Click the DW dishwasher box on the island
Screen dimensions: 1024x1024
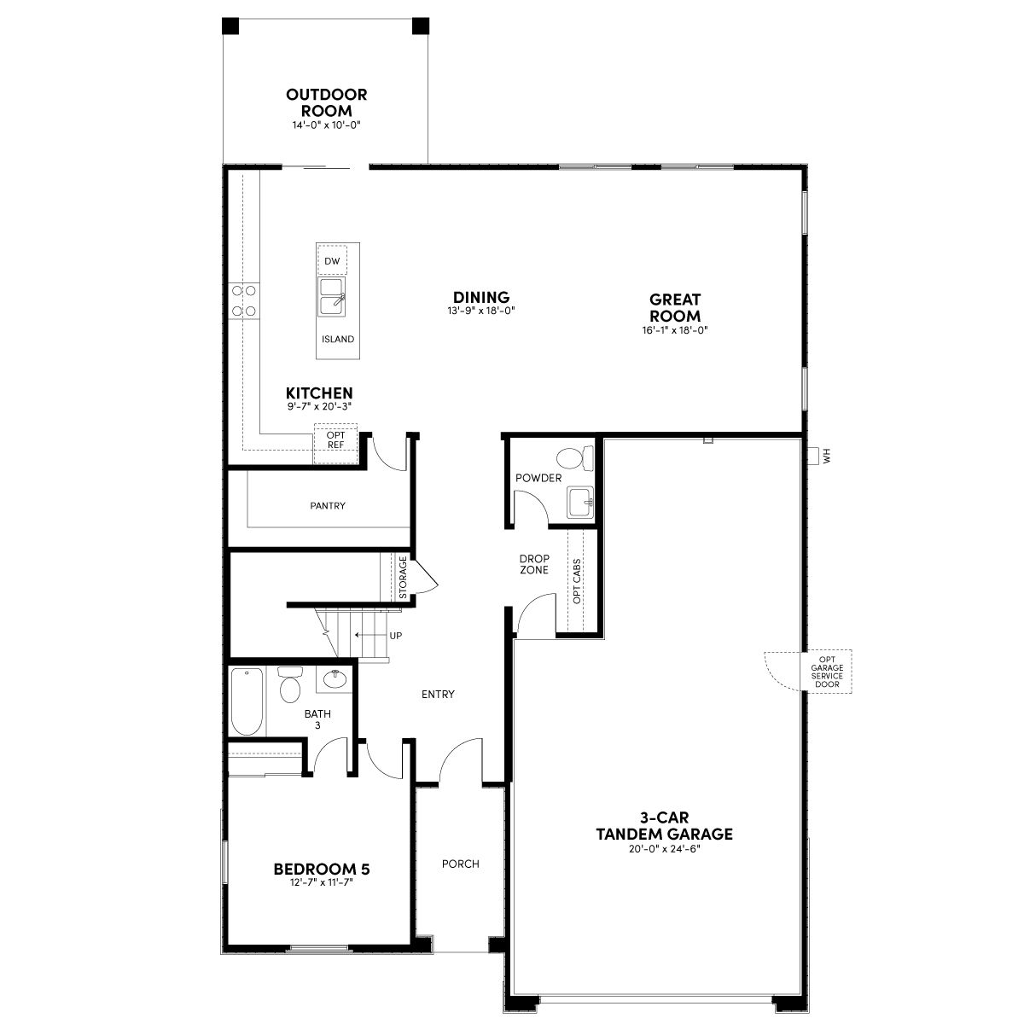pos(332,260)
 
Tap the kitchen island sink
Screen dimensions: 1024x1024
pos(332,296)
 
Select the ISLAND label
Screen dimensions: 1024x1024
pos(337,339)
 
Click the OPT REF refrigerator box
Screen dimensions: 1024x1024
pos(335,444)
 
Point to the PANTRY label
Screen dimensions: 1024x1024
pos(328,506)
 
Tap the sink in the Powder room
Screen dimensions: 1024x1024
pos(581,502)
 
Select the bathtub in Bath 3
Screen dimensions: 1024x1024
pos(247,701)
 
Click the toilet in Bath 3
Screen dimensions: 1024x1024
pos(290,684)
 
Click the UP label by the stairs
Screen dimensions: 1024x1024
pos(396,636)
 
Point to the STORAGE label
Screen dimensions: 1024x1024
pos(403,577)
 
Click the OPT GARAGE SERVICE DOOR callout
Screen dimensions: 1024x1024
pos(827,672)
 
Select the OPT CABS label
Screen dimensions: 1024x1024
pos(577,581)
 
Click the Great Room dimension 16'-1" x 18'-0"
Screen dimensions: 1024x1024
pos(675,330)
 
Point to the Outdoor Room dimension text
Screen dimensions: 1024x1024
pos(326,125)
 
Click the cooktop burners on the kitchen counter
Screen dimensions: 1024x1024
pos(244,300)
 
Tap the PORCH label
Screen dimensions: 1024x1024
pos(460,864)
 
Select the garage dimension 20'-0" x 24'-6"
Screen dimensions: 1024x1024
pos(664,849)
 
